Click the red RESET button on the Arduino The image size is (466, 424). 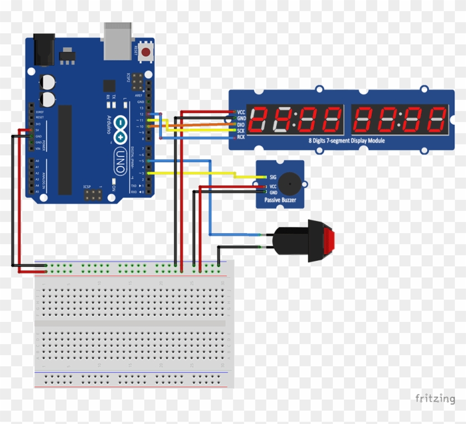[146, 53]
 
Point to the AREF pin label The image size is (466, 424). [139, 95]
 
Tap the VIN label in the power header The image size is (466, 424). [39, 149]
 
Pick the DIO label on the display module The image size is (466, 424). [241, 124]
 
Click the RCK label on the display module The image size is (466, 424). [241, 137]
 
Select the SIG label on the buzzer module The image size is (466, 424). [272, 176]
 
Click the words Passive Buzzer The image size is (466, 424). [280, 199]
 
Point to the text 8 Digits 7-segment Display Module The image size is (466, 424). [346, 140]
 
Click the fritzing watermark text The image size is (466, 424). [435, 398]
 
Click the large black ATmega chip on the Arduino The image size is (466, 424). [65, 150]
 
